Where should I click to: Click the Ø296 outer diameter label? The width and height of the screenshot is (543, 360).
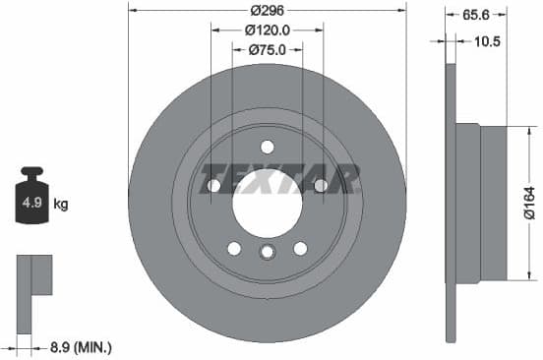coord(267,10)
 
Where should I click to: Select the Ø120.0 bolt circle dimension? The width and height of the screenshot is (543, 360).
coord(267,30)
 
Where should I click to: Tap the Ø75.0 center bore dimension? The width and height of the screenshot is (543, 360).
coord(267,49)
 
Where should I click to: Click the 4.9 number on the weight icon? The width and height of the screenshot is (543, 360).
coord(30,205)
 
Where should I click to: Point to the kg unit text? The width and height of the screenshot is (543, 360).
coord(60,205)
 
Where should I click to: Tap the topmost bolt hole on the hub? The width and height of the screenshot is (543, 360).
coord(267,148)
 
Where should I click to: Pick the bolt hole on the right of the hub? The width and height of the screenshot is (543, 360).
coord(320,185)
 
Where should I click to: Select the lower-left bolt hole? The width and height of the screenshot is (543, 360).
coord(234,248)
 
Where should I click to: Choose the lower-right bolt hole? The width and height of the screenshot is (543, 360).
coord(299,248)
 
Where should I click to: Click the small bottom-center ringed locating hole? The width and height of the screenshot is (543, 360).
coord(267,253)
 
